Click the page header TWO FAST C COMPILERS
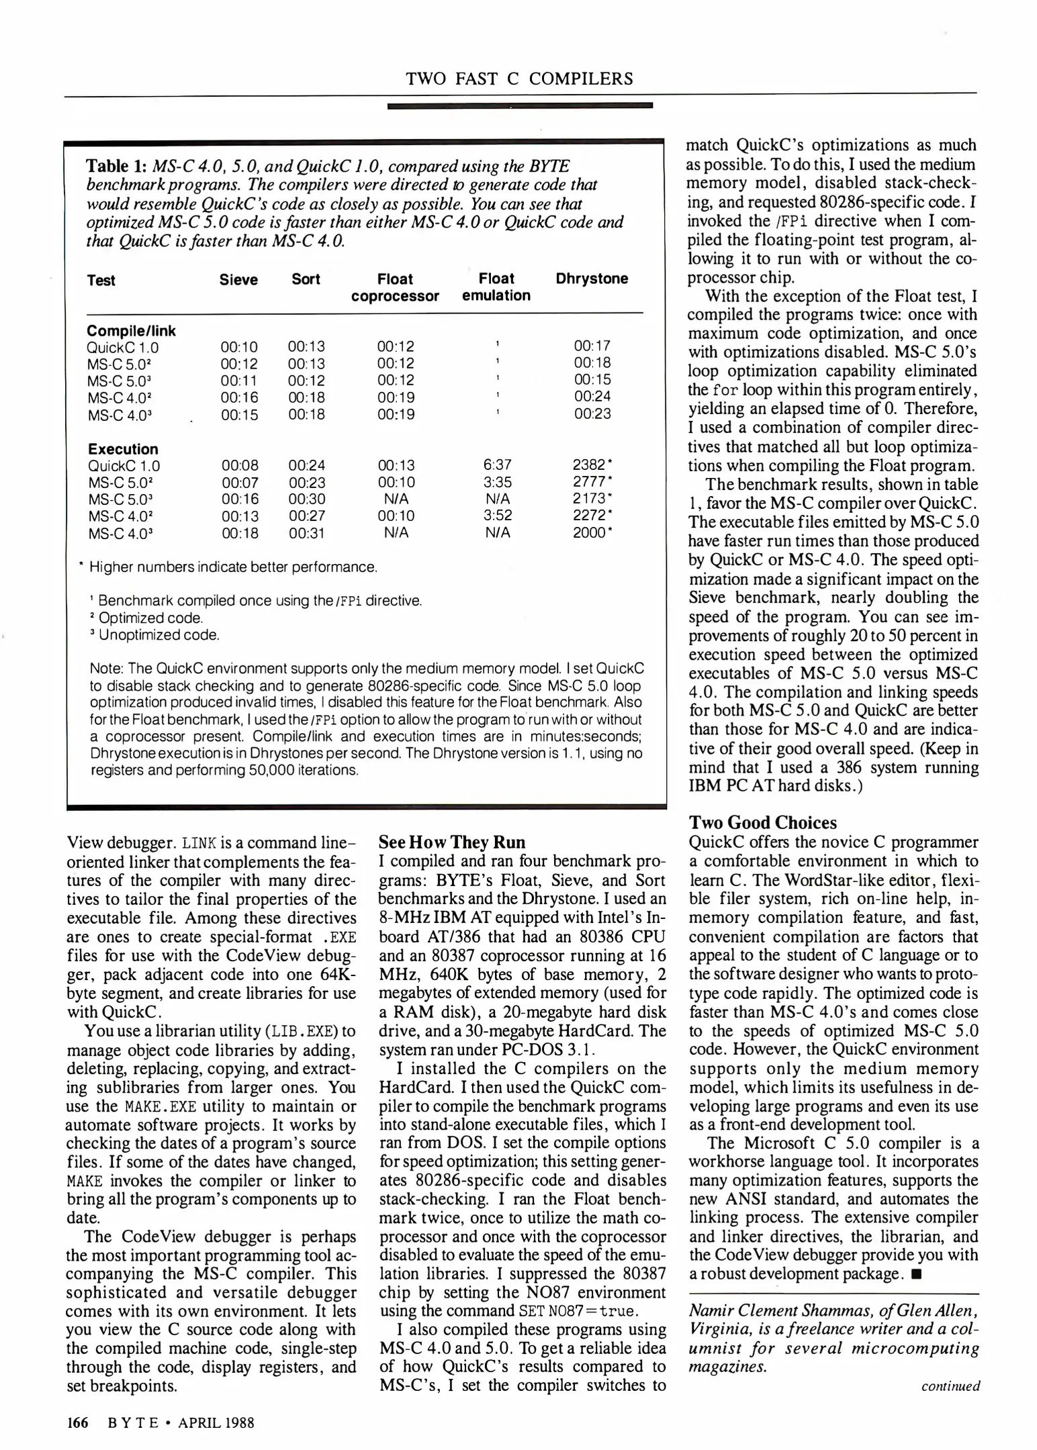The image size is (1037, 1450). tap(519, 79)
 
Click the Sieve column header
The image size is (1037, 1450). tap(238, 280)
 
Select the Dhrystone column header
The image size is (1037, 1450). tap(592, 279)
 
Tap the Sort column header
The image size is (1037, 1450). tap(306, 279)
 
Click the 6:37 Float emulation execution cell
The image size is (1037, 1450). tap(497, 465)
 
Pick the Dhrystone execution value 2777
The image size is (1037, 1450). tap(589, 482)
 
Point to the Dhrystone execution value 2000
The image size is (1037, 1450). tap(589, 533)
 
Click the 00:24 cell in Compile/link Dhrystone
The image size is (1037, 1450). tap(592, 396)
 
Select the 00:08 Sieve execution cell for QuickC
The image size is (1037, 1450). tap(240, 465)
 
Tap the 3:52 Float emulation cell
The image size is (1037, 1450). tap(497, 516)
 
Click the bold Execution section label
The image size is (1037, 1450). tap(123, 449)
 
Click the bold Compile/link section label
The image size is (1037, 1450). tap(132, 331)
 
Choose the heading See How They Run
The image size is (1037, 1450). tap(452, 842)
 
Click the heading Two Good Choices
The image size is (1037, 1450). tap(763, 823)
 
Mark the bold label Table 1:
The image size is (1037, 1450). tap(117, 166)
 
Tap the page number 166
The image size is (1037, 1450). tap(77, 1422)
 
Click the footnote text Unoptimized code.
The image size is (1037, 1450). tap(159, 635)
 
